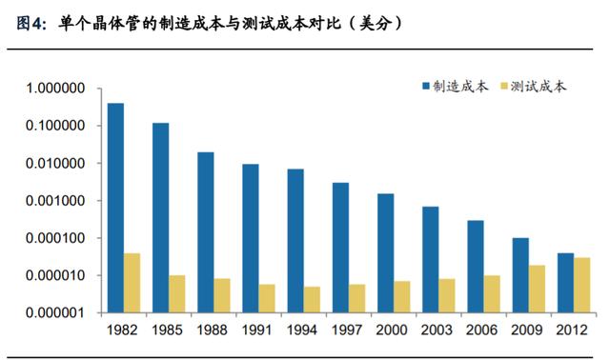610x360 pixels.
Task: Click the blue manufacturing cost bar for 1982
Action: (115, 208)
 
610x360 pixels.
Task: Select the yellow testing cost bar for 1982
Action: (132, 283)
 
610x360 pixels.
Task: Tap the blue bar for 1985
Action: (161, 218)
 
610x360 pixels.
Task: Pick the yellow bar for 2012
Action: (581, 285)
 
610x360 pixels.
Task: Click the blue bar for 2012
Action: (565, 283)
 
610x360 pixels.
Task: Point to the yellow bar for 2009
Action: (537, 289)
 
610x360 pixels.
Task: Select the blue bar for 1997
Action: (341, 248)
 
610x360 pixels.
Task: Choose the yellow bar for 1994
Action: (312, 300)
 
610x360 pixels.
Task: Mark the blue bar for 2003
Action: (431, 260)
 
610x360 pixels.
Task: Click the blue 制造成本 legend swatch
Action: (426, 86)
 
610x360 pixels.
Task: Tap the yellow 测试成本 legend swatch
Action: (504, 86)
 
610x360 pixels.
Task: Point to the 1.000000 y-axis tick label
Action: (55, 89)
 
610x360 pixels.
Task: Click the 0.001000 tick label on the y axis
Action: (55, 201)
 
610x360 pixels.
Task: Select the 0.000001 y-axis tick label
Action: (55, 312)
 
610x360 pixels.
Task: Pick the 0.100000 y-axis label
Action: (55, 126)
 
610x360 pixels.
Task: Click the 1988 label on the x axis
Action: (212, 330)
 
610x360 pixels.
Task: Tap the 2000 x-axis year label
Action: (392, 330)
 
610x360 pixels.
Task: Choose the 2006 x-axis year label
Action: (481, 330)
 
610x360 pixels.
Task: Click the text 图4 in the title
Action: (29, 24)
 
